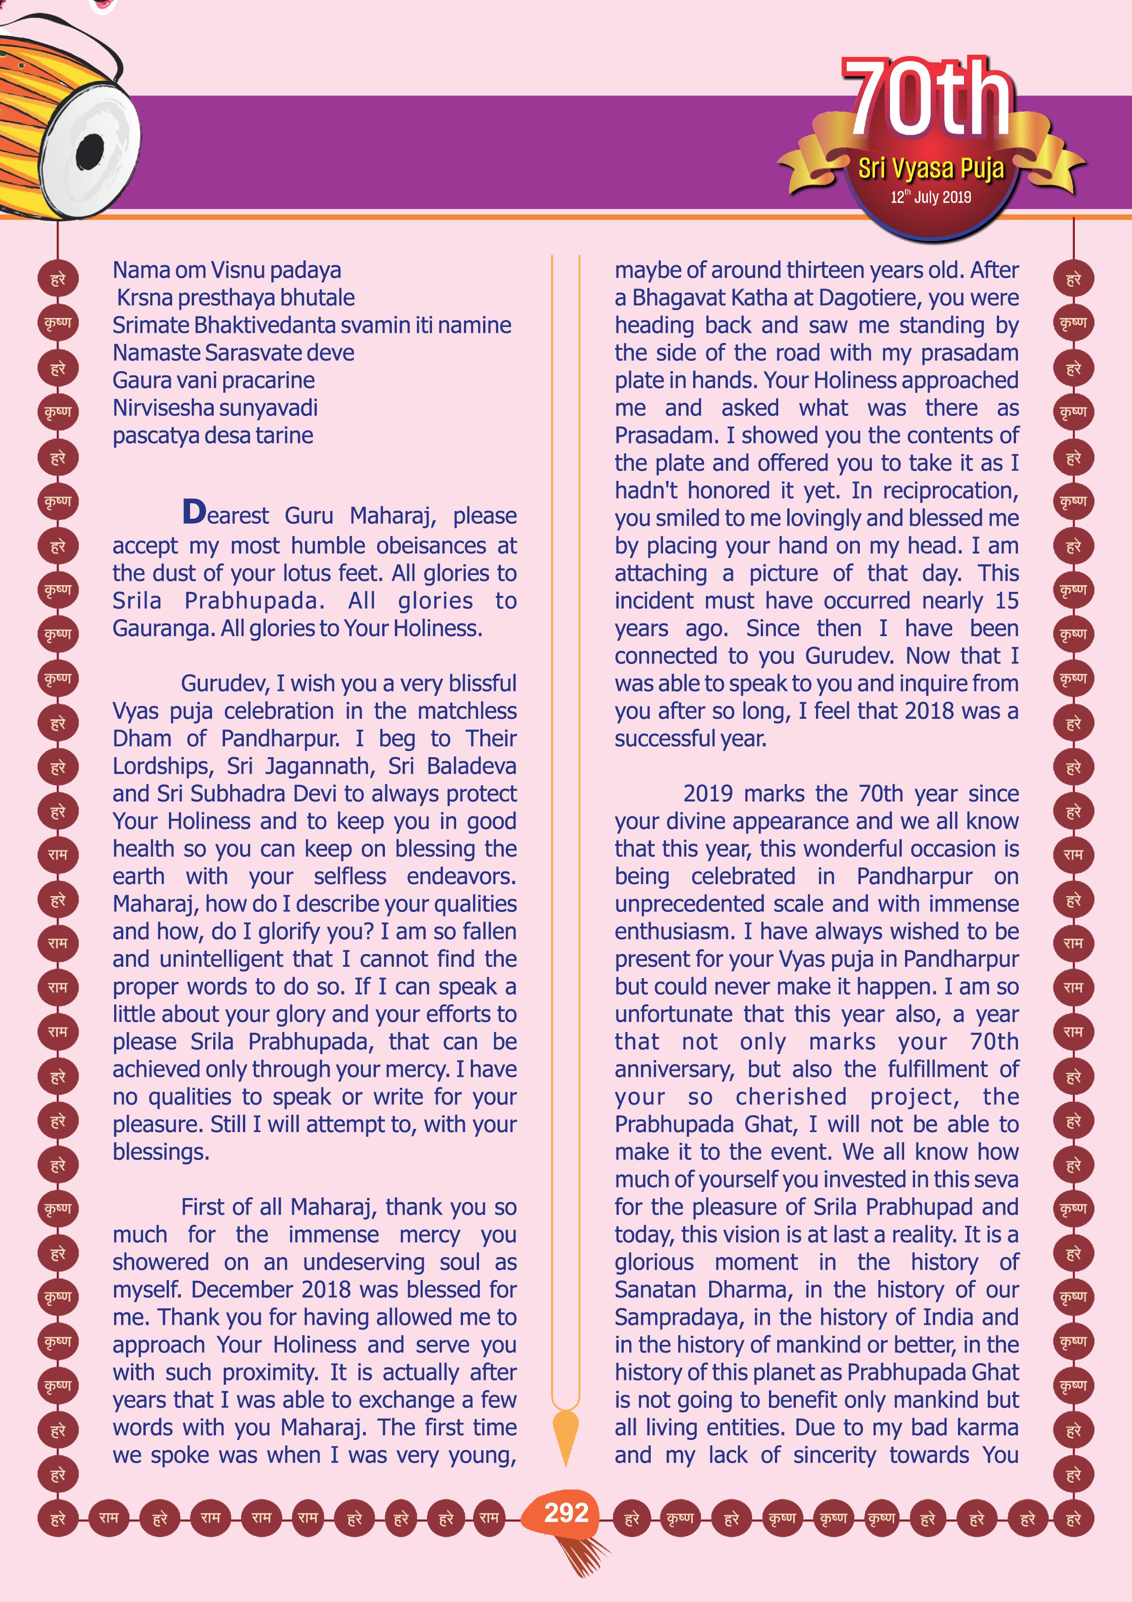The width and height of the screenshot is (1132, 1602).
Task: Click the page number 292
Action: (x=566, y=1512)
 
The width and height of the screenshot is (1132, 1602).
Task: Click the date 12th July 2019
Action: (x=931, y=197)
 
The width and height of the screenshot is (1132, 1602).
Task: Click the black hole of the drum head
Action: (x=90, y=151)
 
